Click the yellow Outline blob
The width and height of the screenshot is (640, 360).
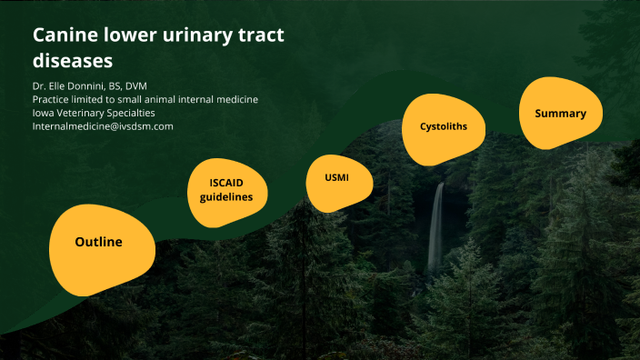pyautogui.click(x=98, y=243)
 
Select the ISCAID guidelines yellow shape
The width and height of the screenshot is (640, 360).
pyautogui.click(x=227, y=190)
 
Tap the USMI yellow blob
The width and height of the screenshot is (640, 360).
pyautogui.click(x=337, y=177)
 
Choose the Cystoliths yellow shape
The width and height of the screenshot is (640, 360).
pyautogui.click(x=443, y=126)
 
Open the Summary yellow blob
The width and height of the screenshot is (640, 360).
pyautogui.click(x=560, y=114)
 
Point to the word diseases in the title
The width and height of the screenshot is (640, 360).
pyautogui.click(x=73, y=62)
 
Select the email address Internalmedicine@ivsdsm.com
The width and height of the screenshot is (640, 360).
pyautogui.click(x=103, y=126)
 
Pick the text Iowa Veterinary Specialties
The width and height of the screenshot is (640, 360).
pyautogui.click(x=94, y=113)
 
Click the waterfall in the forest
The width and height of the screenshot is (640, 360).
pyautogui.click(x=436, y=227)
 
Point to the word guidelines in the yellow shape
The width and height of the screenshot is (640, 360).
pyautogui.click(x=227, y=197)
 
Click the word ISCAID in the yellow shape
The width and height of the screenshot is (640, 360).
pyautogui.click(x=227, y=183)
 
